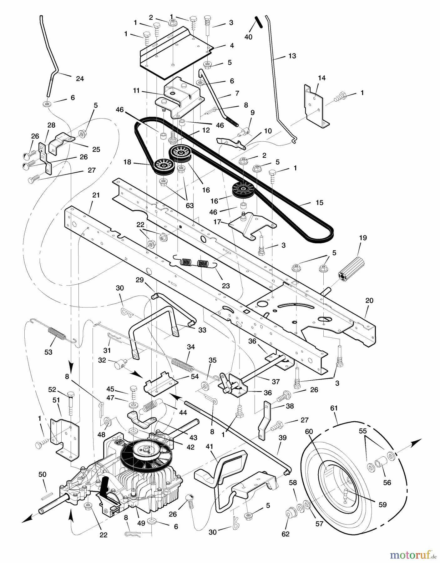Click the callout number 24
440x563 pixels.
80,79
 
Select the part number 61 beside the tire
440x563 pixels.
334,408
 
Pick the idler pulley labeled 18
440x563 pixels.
163,166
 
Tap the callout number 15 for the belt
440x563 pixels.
319,203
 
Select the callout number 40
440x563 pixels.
248,37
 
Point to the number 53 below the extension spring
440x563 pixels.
48,352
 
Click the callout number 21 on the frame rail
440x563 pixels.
96,195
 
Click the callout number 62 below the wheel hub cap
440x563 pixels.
286,534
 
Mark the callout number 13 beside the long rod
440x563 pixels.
292,56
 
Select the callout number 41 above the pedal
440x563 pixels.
209,447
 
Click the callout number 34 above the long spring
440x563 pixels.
191,347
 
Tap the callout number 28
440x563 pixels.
51,125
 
